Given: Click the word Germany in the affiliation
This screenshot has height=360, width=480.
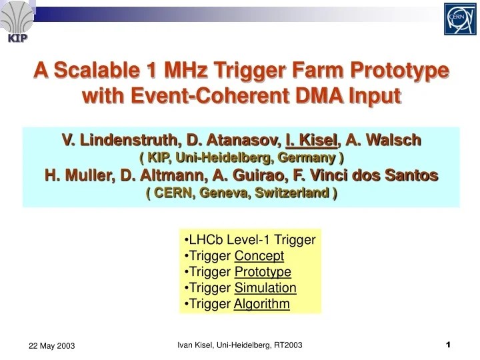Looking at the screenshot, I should (x=307, y=157).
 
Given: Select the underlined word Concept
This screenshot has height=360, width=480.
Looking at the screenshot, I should (x=259, y=255).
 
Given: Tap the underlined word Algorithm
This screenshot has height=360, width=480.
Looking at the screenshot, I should (x=262, y=304).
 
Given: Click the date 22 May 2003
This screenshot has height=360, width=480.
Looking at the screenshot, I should (x=51, y=345).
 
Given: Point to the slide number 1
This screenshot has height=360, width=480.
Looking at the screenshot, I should (x=448, y=344).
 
